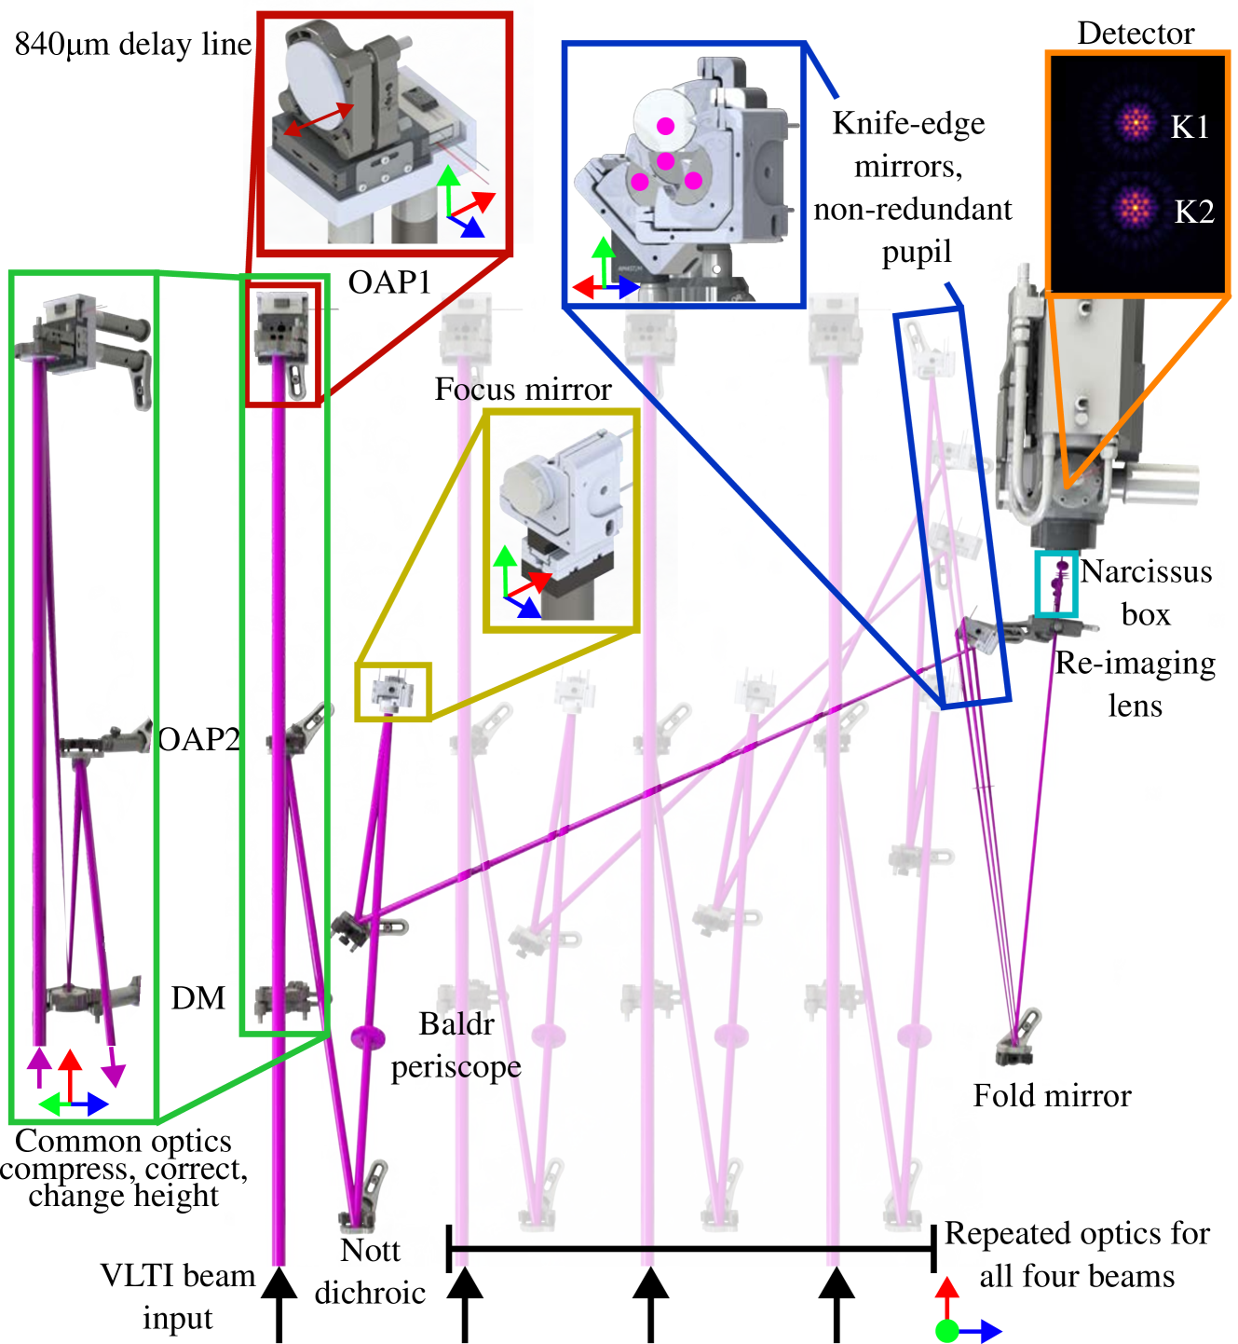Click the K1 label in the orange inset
pyautogui.click(x=1190, y=127)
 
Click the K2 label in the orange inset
pyautogui.click(x=1193, y=212)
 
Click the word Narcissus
pyautogui.click(x=1146, y=571)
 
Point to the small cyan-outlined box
pyautogui.click(x=1056, y=584)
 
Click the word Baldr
pyautogui.click(x=459, y=1024)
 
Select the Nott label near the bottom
pyautogui.click(x=370, y=1250)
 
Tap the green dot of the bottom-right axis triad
pyautogui.click(x=946, y=1331)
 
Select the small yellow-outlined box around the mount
pyautogui.click(x=393, y=692)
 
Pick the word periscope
pyautogui.click(x=456, y=1066)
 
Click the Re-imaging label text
pyautogui.click(x=1134, y=663)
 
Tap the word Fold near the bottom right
pyautogui.click(x=1004, y=1094)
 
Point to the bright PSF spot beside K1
pyautogui.click(x=1134, y=122)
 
